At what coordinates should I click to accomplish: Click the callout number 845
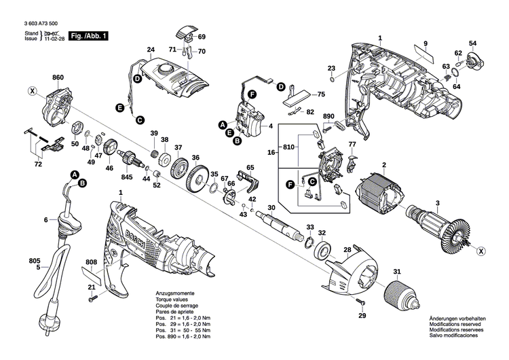[x=127, y=178]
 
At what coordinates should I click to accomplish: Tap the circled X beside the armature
[x=481, y=251]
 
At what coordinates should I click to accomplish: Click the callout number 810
[x=288, y=147]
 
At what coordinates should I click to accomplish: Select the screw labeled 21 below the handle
[x=96, y=296]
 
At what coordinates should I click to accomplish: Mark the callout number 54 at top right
[x=472, y=43]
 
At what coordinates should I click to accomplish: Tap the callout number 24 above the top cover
[x=151, y=50]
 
